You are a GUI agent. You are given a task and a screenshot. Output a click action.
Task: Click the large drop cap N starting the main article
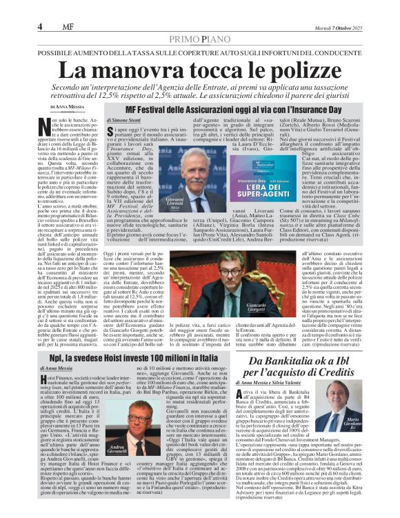pos(47,126)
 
